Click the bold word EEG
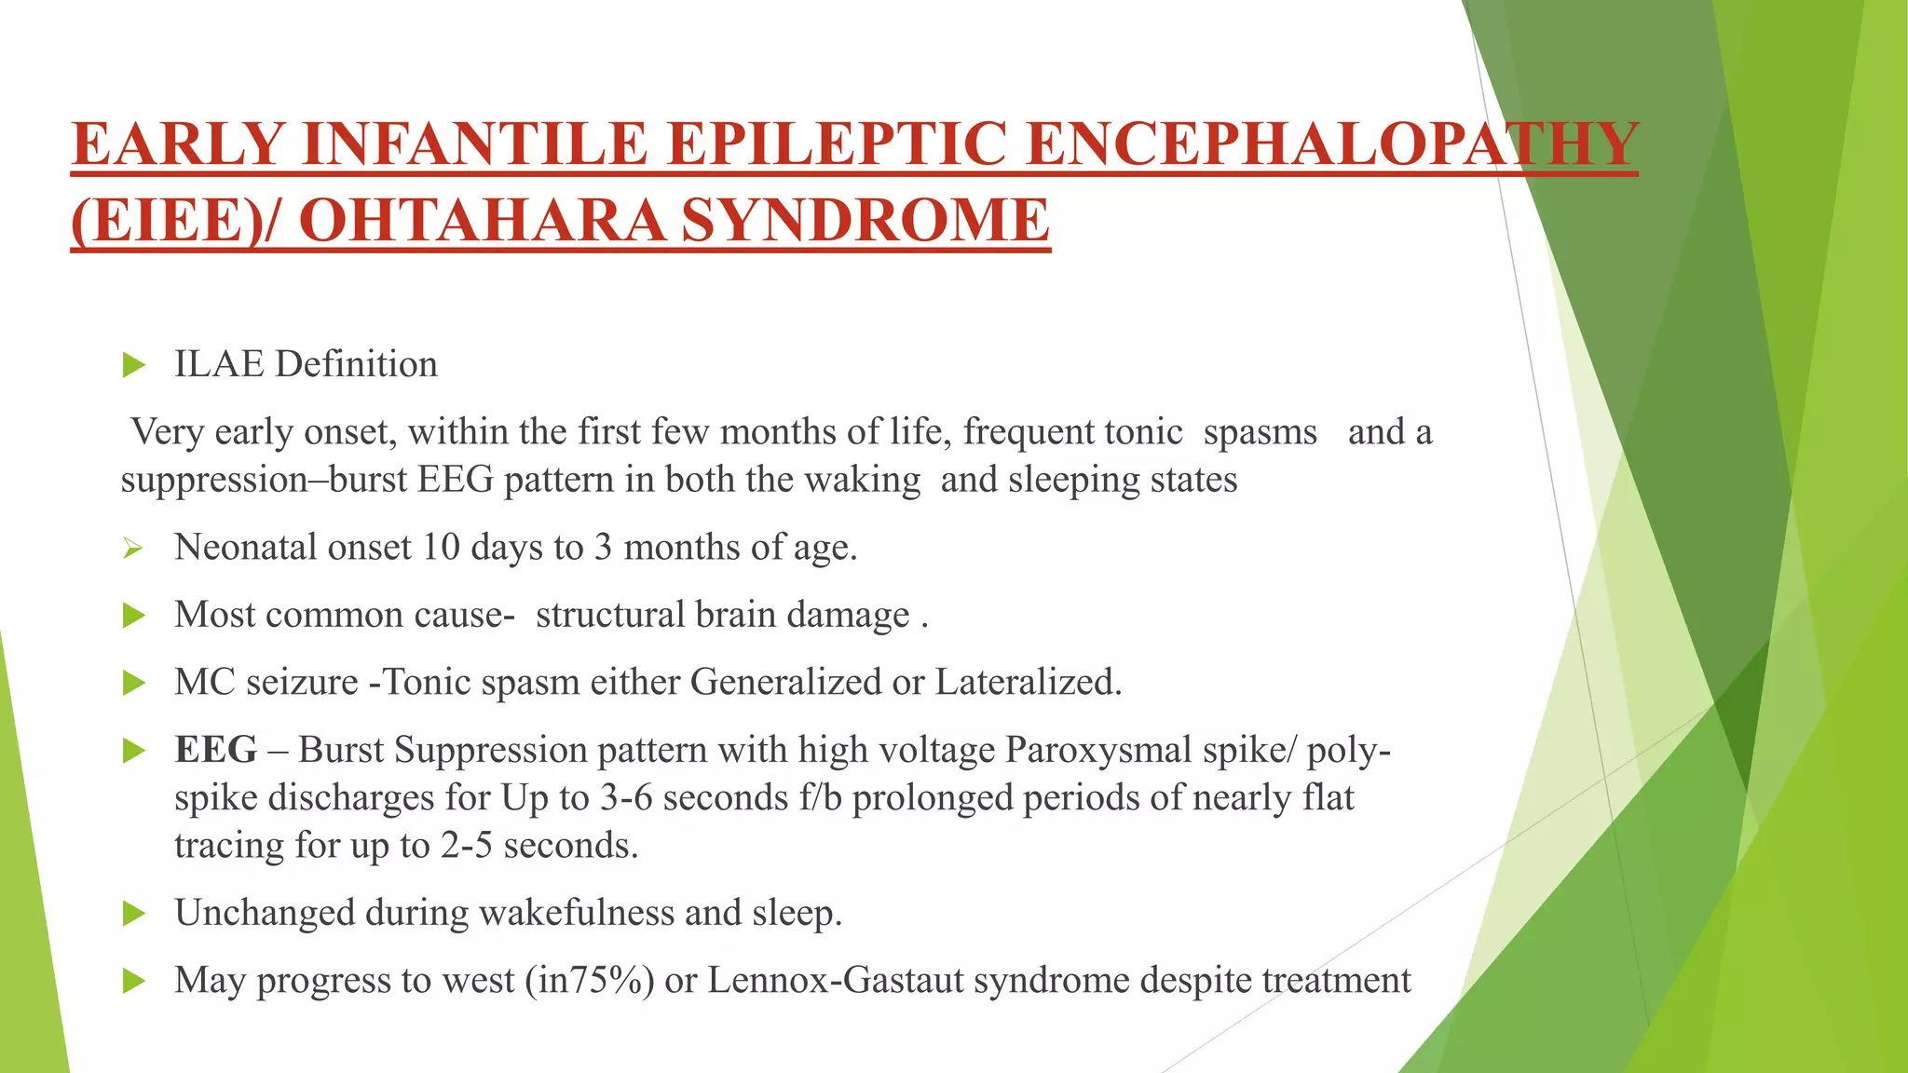215,750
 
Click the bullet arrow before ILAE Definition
134,365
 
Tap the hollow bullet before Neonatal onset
133,549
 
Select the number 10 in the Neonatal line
441,547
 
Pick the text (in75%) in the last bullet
590,980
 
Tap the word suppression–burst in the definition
264,480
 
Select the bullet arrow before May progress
134,981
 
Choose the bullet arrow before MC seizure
134,684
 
